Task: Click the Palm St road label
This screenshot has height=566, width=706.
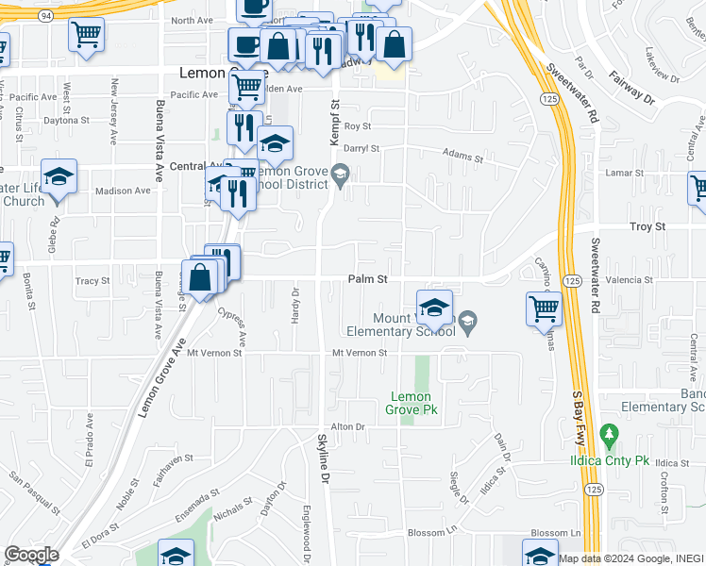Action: coord(368,279)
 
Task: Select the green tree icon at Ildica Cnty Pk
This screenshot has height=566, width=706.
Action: coord(609,436)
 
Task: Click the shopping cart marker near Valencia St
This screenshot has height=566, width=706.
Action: coord(544,308)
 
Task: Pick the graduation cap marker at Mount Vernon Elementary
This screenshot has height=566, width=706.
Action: coord(433,307)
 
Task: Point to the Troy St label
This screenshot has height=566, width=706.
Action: coord(647,227)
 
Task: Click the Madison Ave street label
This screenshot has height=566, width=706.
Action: coord(123,191)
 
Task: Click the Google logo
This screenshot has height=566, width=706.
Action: coord(31,555)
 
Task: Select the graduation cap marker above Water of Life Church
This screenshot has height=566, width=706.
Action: coord(59,175)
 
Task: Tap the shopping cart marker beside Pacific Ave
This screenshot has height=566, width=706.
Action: coord(246,86)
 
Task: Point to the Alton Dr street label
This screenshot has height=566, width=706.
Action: coord(347,426)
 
